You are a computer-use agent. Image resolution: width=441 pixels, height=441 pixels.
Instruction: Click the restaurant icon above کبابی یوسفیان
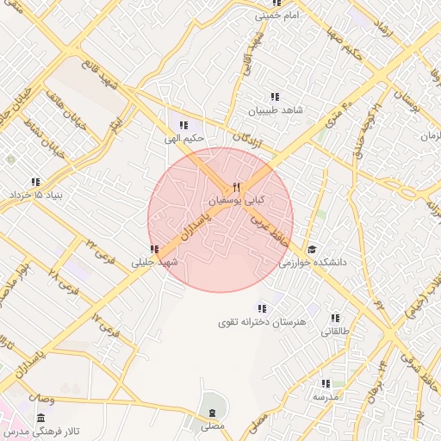coord(237,187)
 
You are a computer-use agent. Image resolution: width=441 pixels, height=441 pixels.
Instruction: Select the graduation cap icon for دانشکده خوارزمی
coord(311,249)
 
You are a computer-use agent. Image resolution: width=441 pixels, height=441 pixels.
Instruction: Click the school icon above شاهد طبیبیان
coord(275,97)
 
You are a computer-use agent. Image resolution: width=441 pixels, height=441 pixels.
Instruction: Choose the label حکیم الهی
coord(185,138)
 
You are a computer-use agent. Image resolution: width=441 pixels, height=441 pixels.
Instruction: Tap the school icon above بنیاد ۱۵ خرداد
coord(35,182)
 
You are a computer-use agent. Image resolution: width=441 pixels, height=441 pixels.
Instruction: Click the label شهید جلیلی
coord(154,262)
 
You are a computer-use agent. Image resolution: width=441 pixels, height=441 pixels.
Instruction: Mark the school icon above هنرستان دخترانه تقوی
coord(262,307)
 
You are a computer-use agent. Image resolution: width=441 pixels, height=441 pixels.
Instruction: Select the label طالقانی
coord(336,331)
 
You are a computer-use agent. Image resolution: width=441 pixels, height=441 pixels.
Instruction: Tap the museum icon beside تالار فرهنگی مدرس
coord(40,419)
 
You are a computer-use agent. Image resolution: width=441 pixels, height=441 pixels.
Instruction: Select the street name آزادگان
coord(247,140)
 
